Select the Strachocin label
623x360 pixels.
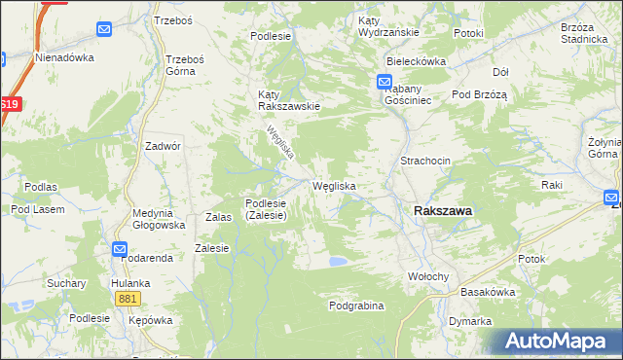click(x=423, y=161)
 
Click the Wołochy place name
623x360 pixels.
click(x=427, y=276)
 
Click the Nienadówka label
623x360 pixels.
click(x=64, y=57)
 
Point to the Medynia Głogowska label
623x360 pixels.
click(x=160, y=219)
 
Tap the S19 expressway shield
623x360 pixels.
click(x=10, y=104)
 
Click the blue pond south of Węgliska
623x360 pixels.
click(x=337, y=261)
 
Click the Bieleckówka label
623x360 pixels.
click(x=415, y=60)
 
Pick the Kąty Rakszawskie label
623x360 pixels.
click(x=289, y=100)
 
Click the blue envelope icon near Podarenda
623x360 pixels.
click(x=120, y=248)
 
